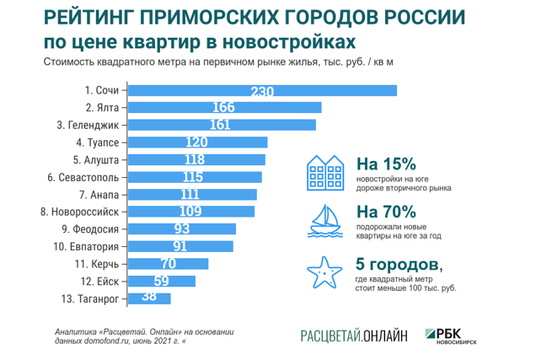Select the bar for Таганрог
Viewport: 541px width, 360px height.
click(x=150, y=298)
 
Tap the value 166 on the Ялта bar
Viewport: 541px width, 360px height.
click(x=224, y=108)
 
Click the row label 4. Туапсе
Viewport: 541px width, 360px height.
click(x=100, y=142)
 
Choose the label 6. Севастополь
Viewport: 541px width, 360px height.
click(x=88, y=177)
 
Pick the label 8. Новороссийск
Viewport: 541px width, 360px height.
click(x=85, y=212)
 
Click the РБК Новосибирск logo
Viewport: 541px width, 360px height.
click(x=462, y=335)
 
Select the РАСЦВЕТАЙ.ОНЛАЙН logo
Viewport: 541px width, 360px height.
click(x=354, y=336)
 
